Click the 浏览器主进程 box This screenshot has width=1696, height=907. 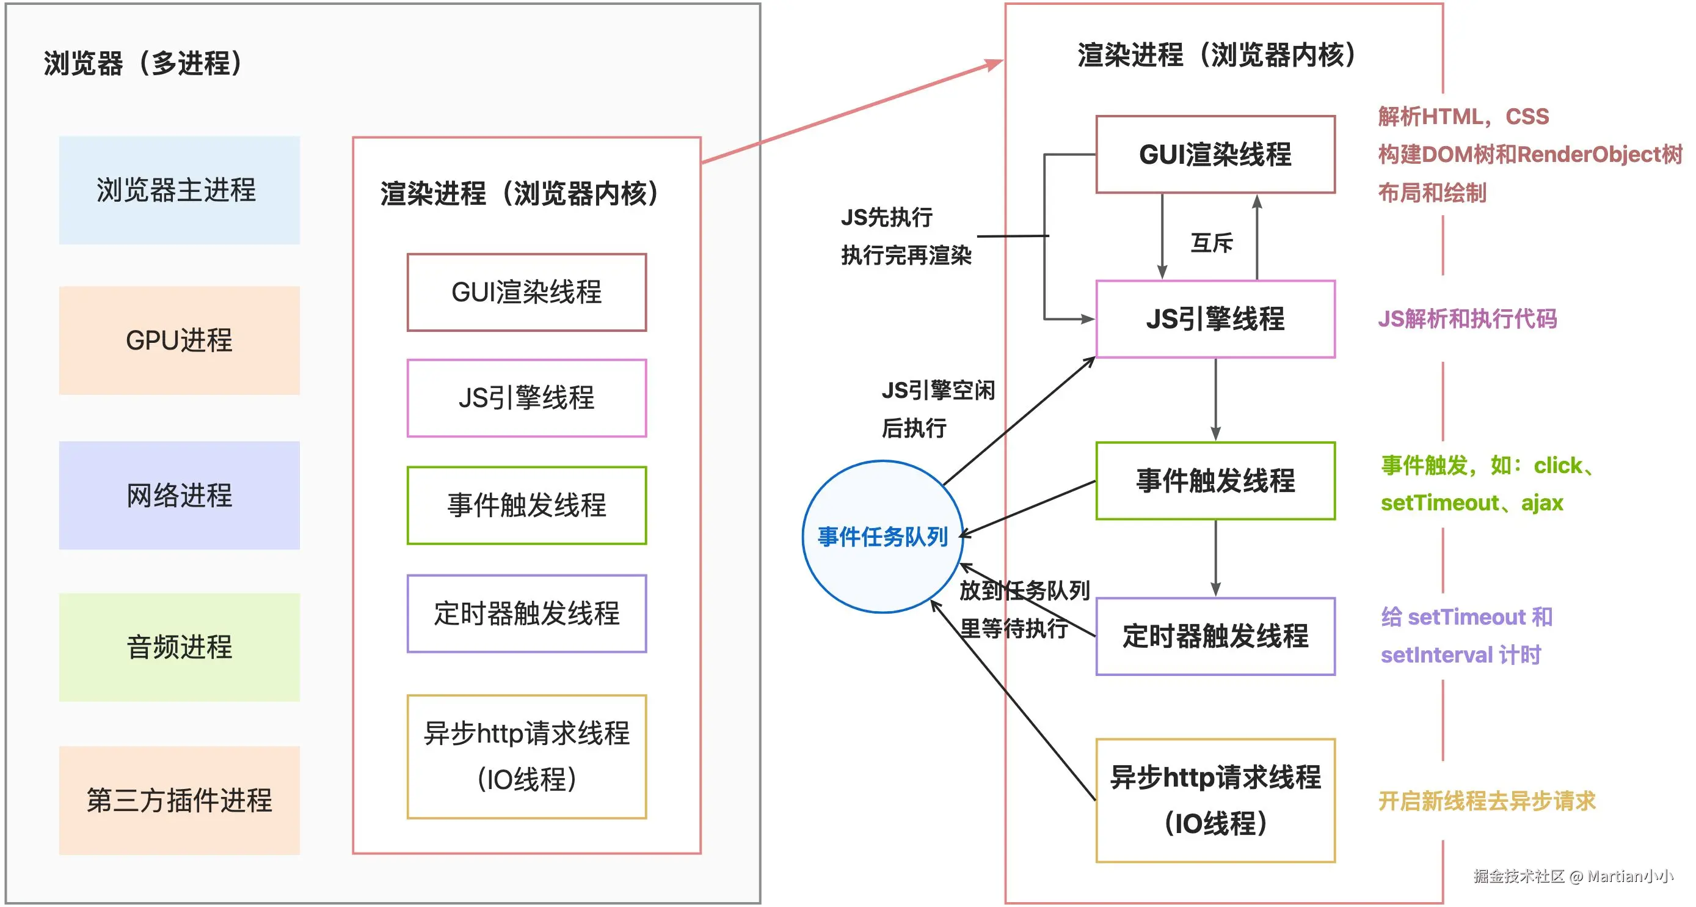(x=179, y=189)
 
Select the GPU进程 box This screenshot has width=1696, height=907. (x=179, y=340)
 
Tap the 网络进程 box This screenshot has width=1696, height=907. (x=179, y=494)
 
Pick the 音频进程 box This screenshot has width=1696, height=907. (x=179, y=647)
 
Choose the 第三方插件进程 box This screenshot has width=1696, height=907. (x=179, y=799)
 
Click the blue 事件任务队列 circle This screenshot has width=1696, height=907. (x=883, y=536)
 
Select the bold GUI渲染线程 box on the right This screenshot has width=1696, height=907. (x=1215, y=154)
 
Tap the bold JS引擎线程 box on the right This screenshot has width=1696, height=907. (x=1215, y=319)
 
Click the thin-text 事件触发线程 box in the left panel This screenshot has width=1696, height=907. (x=526, y=505)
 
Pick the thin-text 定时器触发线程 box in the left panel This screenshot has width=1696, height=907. (x=526, y=613)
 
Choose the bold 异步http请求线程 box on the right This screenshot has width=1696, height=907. (x=1215, y=799)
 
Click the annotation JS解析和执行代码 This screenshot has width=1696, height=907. (x=1467, y=319)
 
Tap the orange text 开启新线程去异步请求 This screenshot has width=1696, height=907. (x=1487, y=801)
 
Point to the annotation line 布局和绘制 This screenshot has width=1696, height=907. (x=1432, y=193)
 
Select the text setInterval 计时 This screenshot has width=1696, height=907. (x=1460, y=655)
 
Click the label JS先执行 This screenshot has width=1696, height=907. (x=886, y=217)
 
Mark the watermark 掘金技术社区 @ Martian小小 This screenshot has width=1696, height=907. (x=1573, y=876)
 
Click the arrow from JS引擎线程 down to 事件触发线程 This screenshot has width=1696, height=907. (x=1215, y=399)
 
